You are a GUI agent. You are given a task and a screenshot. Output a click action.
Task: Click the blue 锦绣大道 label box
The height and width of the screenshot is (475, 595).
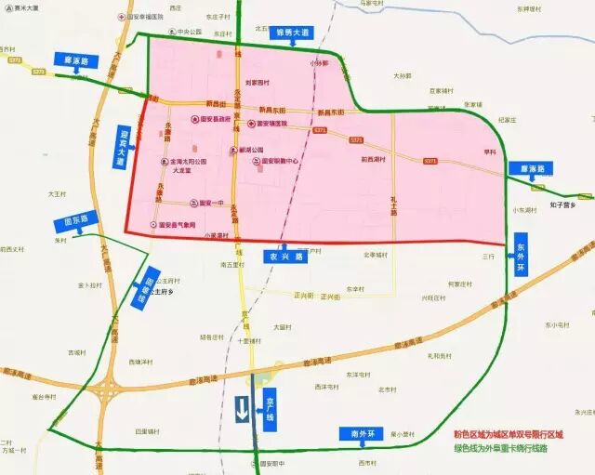[x=292, y=33]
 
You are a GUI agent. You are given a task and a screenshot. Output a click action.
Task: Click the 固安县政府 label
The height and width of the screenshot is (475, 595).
[x=212, y=119]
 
